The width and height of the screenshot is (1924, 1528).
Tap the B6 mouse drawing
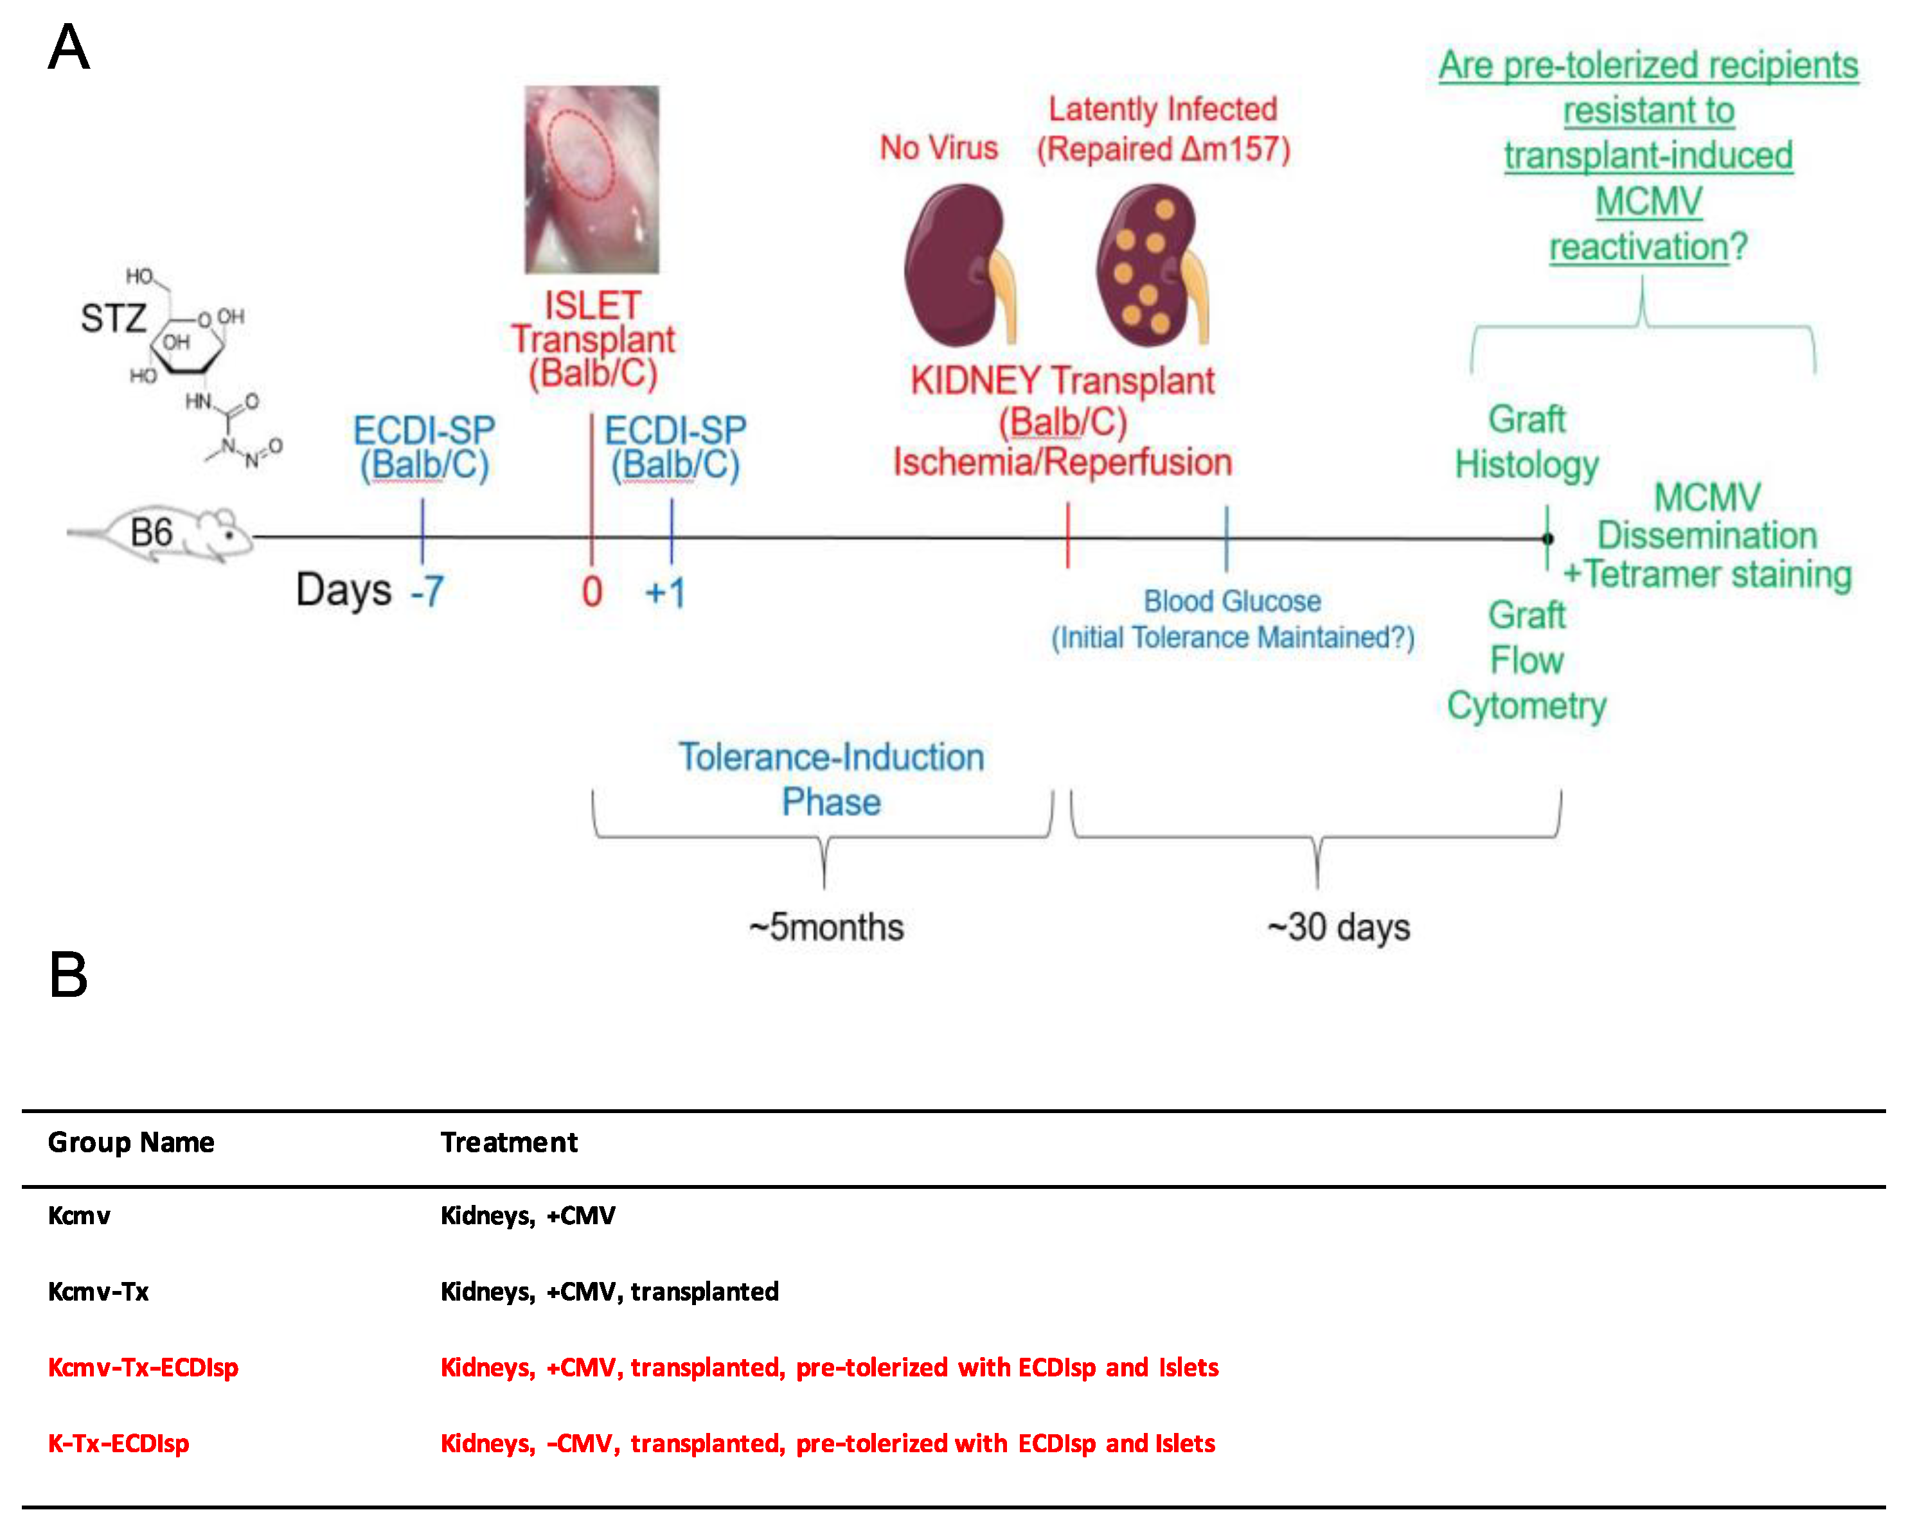tap(170, 535)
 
